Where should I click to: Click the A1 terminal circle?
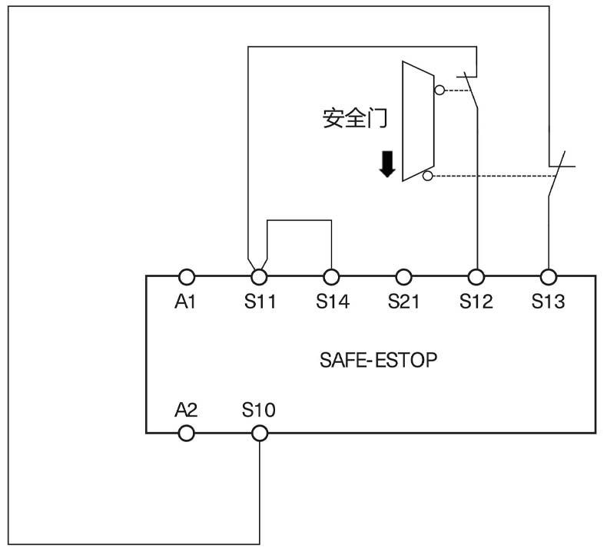pos(185,276)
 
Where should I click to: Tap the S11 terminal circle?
pos(260,276)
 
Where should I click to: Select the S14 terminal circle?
pos(332,276)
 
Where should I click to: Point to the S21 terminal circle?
pos(404,276)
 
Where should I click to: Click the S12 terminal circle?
pos(476,276)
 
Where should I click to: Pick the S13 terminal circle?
pos(549,276)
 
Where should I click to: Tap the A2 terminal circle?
pos(185,434)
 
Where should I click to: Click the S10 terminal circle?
pos(260,434)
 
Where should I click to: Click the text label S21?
pos(404,302)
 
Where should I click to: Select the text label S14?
pos(332,302)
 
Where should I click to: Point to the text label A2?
pos(185,410)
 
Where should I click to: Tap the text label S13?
pos(549,302)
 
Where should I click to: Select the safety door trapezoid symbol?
pos(417,121)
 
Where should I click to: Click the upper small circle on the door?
pos(439,90)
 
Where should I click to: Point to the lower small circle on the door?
pos(428,177)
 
